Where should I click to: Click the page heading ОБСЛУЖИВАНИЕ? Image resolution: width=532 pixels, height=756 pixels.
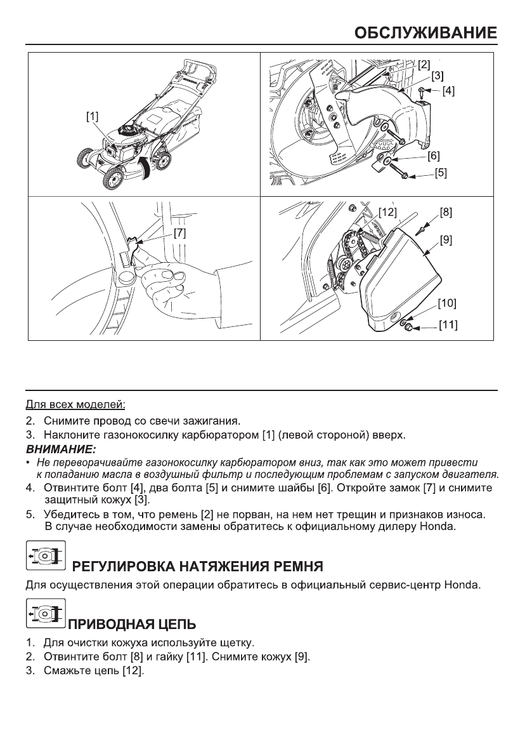click(424, 32)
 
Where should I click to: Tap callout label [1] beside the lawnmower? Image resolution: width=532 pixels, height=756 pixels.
click(93, 116)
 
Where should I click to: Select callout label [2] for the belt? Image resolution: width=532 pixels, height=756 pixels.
click(424, 64)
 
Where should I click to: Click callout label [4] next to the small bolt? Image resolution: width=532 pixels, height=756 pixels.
click(448, 91)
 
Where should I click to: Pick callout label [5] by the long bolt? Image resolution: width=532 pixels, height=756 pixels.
click(441, 173)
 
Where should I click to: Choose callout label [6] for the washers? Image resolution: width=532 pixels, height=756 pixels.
click(434, 155)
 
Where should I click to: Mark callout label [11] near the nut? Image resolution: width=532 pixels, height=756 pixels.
click(448, 326)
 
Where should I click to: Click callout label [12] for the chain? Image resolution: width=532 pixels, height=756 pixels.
click(387, 210)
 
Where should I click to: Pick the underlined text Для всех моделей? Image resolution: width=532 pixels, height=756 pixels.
click(75, 404)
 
